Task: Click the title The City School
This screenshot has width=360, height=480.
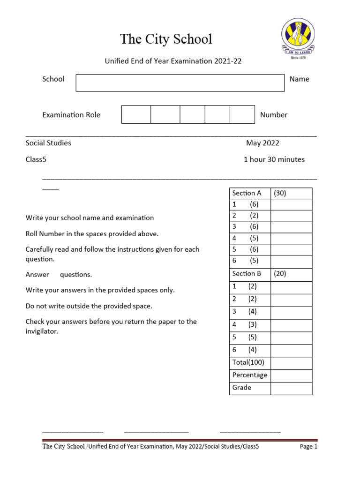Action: coord(166,39)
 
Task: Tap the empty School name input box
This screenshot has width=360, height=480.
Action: coord(180,82)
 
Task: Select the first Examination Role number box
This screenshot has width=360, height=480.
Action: coord(136,114)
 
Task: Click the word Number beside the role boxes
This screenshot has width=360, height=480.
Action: coord(274,115)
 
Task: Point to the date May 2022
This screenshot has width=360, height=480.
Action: coord(262,143)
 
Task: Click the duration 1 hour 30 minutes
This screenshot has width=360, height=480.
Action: coord(274,159)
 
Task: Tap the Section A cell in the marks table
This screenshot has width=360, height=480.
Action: coord(247,193)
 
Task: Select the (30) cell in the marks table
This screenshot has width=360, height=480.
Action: coord(291,193)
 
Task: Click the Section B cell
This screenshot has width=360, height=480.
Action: coord(247,274)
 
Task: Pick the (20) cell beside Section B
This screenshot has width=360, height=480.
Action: coord(291,274)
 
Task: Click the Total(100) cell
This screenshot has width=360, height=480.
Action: coord(248,362)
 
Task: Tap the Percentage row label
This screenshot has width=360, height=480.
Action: coord(249,375)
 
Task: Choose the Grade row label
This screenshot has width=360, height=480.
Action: coord(242,388)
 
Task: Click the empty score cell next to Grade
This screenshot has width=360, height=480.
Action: coord(291,388)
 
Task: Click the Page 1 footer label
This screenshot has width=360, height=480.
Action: coord(308,447)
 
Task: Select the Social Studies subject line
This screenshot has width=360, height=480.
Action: coord(48,143)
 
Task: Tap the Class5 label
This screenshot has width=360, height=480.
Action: coord(36,159)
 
